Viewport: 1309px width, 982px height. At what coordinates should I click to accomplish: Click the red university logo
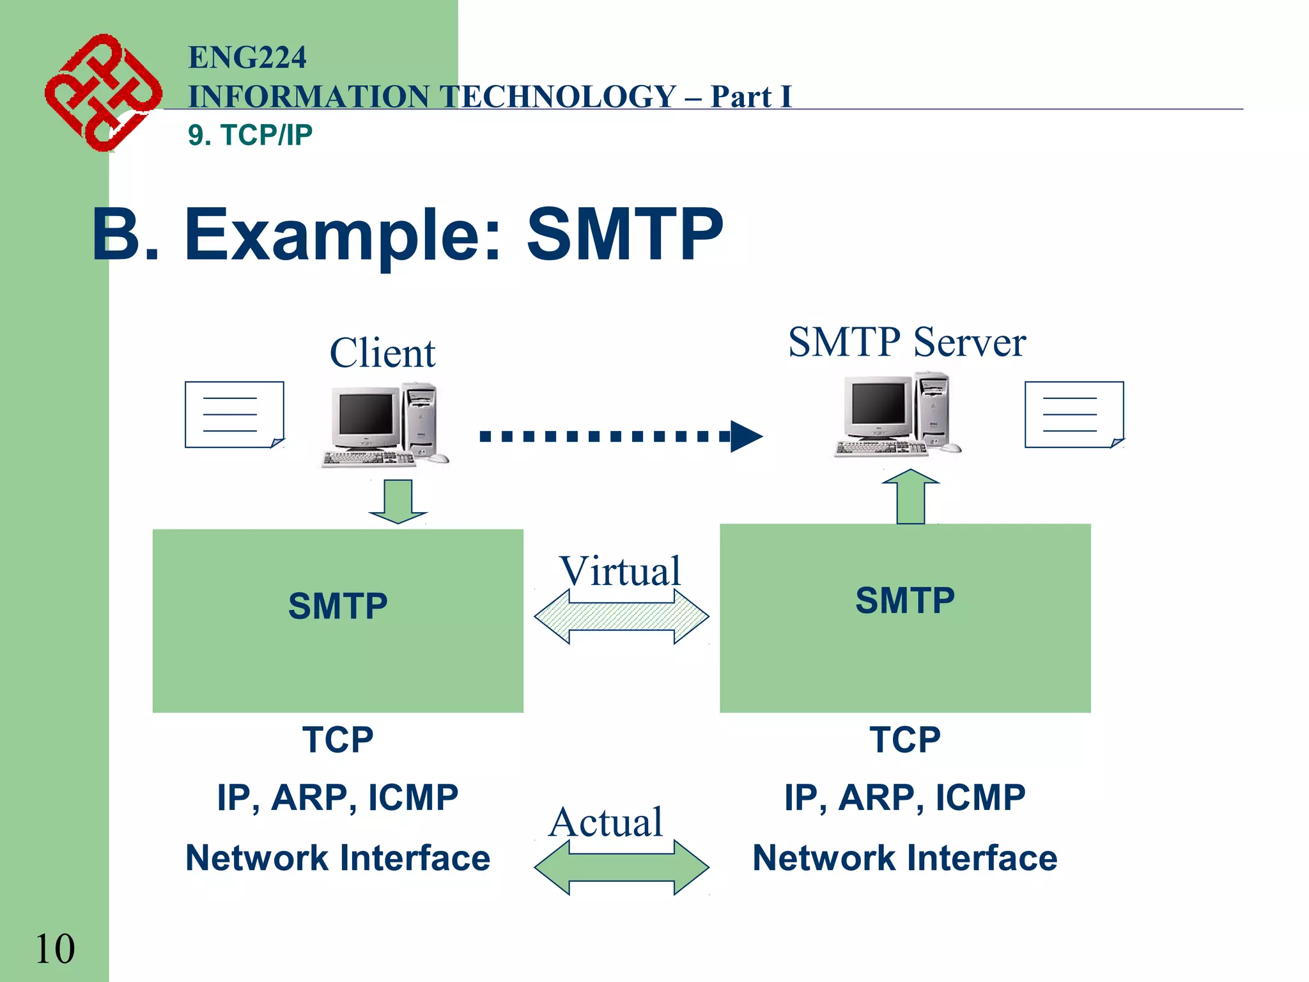tap(102, 93)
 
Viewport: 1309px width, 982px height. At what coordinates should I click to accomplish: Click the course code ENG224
tap(247, 58)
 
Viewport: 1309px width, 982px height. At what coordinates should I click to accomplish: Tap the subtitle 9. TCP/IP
tap(250, 135)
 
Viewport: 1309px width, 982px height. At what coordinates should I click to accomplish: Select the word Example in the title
tap(342, 235)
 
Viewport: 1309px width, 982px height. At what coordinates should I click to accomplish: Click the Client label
tap(382, 353)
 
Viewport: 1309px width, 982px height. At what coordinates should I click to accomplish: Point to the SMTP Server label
tap(906, 342)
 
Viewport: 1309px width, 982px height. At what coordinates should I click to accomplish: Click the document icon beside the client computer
tap(234, 414)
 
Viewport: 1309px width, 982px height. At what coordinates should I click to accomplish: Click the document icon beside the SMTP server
tap(1074, 414)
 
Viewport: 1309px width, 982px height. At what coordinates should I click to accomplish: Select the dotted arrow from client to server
tap(620, 437)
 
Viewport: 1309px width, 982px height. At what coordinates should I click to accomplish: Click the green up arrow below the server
tap(910, 497)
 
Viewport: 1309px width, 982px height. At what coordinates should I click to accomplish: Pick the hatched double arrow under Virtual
tap(621, 617)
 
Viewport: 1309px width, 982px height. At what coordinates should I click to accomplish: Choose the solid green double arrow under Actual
tap(621, 868)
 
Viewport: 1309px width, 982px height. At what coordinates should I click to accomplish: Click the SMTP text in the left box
tap(337, 606)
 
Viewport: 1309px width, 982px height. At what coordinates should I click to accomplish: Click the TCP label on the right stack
tap(904, 740)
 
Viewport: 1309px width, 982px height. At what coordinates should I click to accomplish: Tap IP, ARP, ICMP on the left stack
tap(337, 798)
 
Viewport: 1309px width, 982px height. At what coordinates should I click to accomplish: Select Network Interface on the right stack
tap(904, 858)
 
